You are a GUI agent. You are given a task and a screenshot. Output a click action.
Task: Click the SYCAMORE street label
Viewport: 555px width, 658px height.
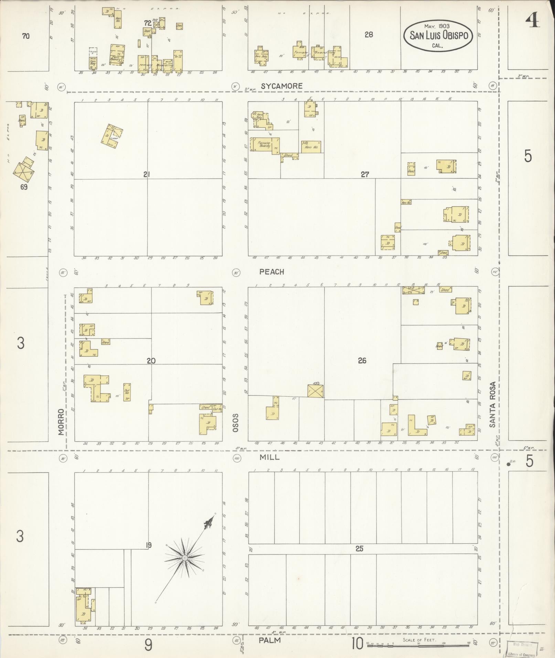coord(281,86)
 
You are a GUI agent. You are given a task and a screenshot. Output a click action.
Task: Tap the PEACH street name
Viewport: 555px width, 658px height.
coord(272,272)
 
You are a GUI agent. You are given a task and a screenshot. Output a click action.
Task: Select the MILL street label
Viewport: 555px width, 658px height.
coord(270,457)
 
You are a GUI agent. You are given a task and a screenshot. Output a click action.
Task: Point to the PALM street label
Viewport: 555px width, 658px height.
coord(270,640)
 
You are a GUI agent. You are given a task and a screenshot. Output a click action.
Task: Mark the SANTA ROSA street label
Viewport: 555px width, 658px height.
coord(493,404)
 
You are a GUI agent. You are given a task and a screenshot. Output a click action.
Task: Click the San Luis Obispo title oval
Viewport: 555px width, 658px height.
coord(439,36)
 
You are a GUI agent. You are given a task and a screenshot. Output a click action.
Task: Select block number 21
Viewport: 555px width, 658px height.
coord(147,174)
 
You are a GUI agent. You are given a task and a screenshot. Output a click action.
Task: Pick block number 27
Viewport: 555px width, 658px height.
coord(365,174)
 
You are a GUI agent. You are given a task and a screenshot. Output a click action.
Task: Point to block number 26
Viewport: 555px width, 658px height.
coord(362,360)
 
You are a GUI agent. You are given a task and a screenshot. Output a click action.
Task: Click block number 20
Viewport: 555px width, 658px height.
coord(151,361)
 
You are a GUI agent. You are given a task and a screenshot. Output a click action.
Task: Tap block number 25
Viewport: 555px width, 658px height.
coord(360,549)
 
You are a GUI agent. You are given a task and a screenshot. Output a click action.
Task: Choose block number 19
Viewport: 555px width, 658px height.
coord(148,545)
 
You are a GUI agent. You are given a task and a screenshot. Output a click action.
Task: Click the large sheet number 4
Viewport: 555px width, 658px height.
coord(532,21)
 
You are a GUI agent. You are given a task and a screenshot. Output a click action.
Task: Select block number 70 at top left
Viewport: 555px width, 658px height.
coord(26,36)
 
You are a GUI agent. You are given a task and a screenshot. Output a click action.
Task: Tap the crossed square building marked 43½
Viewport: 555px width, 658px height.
coord(316,391)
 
